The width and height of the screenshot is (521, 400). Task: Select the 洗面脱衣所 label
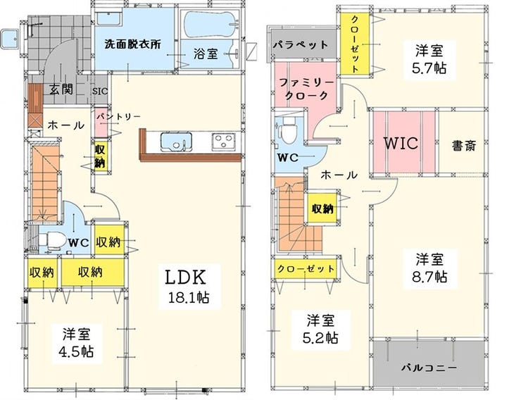pos(132,44)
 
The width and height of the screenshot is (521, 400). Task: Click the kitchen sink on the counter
pos(176,142)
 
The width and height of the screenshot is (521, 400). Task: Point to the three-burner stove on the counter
pos(223,142)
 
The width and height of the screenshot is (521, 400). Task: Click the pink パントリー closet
pos(101,123)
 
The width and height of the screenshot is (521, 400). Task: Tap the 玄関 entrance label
pos(61,89)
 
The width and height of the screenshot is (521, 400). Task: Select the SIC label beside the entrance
pos(100,91)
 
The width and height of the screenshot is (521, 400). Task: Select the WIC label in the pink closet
pos(401,143)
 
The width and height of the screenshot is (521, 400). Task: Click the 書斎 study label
pos(464,146)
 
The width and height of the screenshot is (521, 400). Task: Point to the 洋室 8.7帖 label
pos(430,268)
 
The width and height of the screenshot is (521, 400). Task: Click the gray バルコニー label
pos(429,368)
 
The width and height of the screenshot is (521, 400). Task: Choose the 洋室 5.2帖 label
pos(320,330)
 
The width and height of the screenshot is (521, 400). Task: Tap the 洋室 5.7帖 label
pos(429,60)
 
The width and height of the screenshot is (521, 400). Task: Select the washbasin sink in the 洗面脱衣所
pos(109,18)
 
